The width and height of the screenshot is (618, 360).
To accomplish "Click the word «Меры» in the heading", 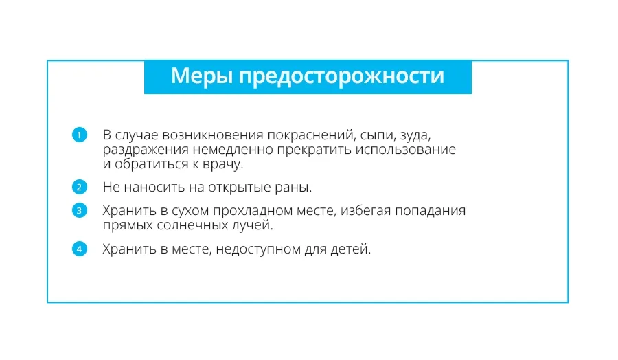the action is (202, 76).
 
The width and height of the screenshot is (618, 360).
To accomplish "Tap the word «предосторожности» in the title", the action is (341, 77).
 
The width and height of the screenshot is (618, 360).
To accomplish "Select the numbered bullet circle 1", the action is (79, 135).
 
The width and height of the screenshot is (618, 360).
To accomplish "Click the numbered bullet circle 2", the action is (79, 187).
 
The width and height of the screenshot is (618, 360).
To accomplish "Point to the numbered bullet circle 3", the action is (79, 210).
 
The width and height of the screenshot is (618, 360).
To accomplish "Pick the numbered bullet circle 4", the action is (79, 249).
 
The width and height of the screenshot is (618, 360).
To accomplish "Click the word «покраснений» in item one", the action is (312, 135).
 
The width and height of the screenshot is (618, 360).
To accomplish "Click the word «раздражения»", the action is (146, 150).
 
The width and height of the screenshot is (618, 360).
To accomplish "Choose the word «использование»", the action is (406, 150).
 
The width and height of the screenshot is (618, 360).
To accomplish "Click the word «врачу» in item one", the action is (222, 165).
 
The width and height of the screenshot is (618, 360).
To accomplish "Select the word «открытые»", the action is (240, 188).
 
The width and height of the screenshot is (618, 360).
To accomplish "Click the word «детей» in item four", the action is (351, 249).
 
